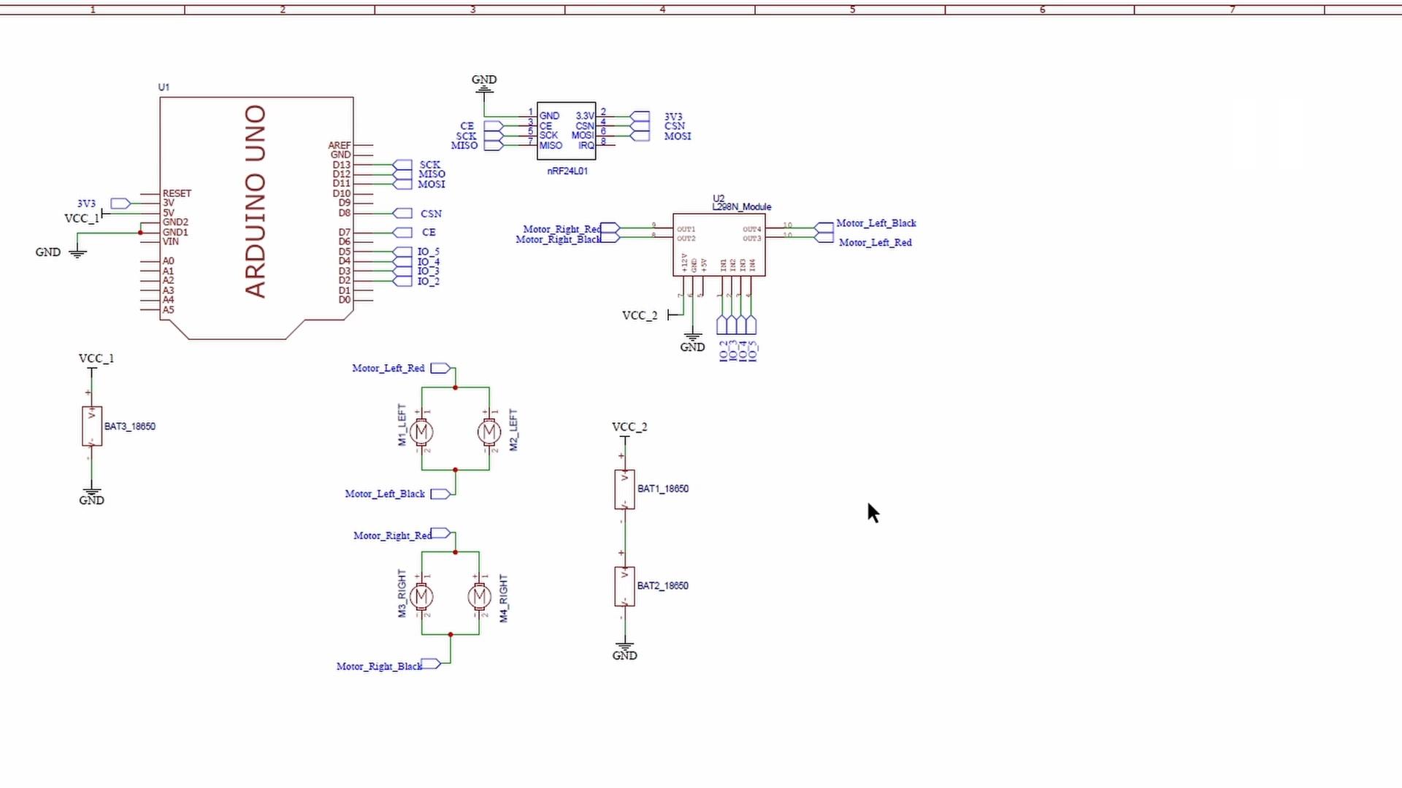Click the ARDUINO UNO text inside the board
pyautogui.click(x=256, y=201)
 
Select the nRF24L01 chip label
pyautogui.click(x=567, y=171)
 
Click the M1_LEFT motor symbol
pyautogui.click(x=421, y=433)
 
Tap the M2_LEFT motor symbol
pyautogui.click(x=489, y=433)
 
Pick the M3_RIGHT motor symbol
pyautogui.click(x=421, y=597)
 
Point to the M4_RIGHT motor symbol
pyautogui.click(x=479, y=597)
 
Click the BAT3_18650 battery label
pyautogui.click(x=129, y=426)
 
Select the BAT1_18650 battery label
pyautogui.click(x=662, y=489)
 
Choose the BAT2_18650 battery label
pyautogui.click(x=662, y=585)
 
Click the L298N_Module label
pyautogui.click(x=741, y=207)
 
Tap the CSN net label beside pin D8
pyautogui.click(x=431, y=214)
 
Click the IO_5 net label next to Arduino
pyautogui.click(x=429, y=252)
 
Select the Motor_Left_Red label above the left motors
pyautogui.click(x=388, y=368)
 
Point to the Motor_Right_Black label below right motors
pyautogui.click(x=379, y=666)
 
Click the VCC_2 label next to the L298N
pyautogui.click(x=639, y=315)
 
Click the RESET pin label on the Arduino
pyautogui.click(x=177, y=193)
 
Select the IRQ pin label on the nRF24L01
pyautogui.click(x=586, y=146)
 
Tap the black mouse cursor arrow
pyautogui.click(x=873, y=512)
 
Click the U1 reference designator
pyautogui.click(x=164, y=87)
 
